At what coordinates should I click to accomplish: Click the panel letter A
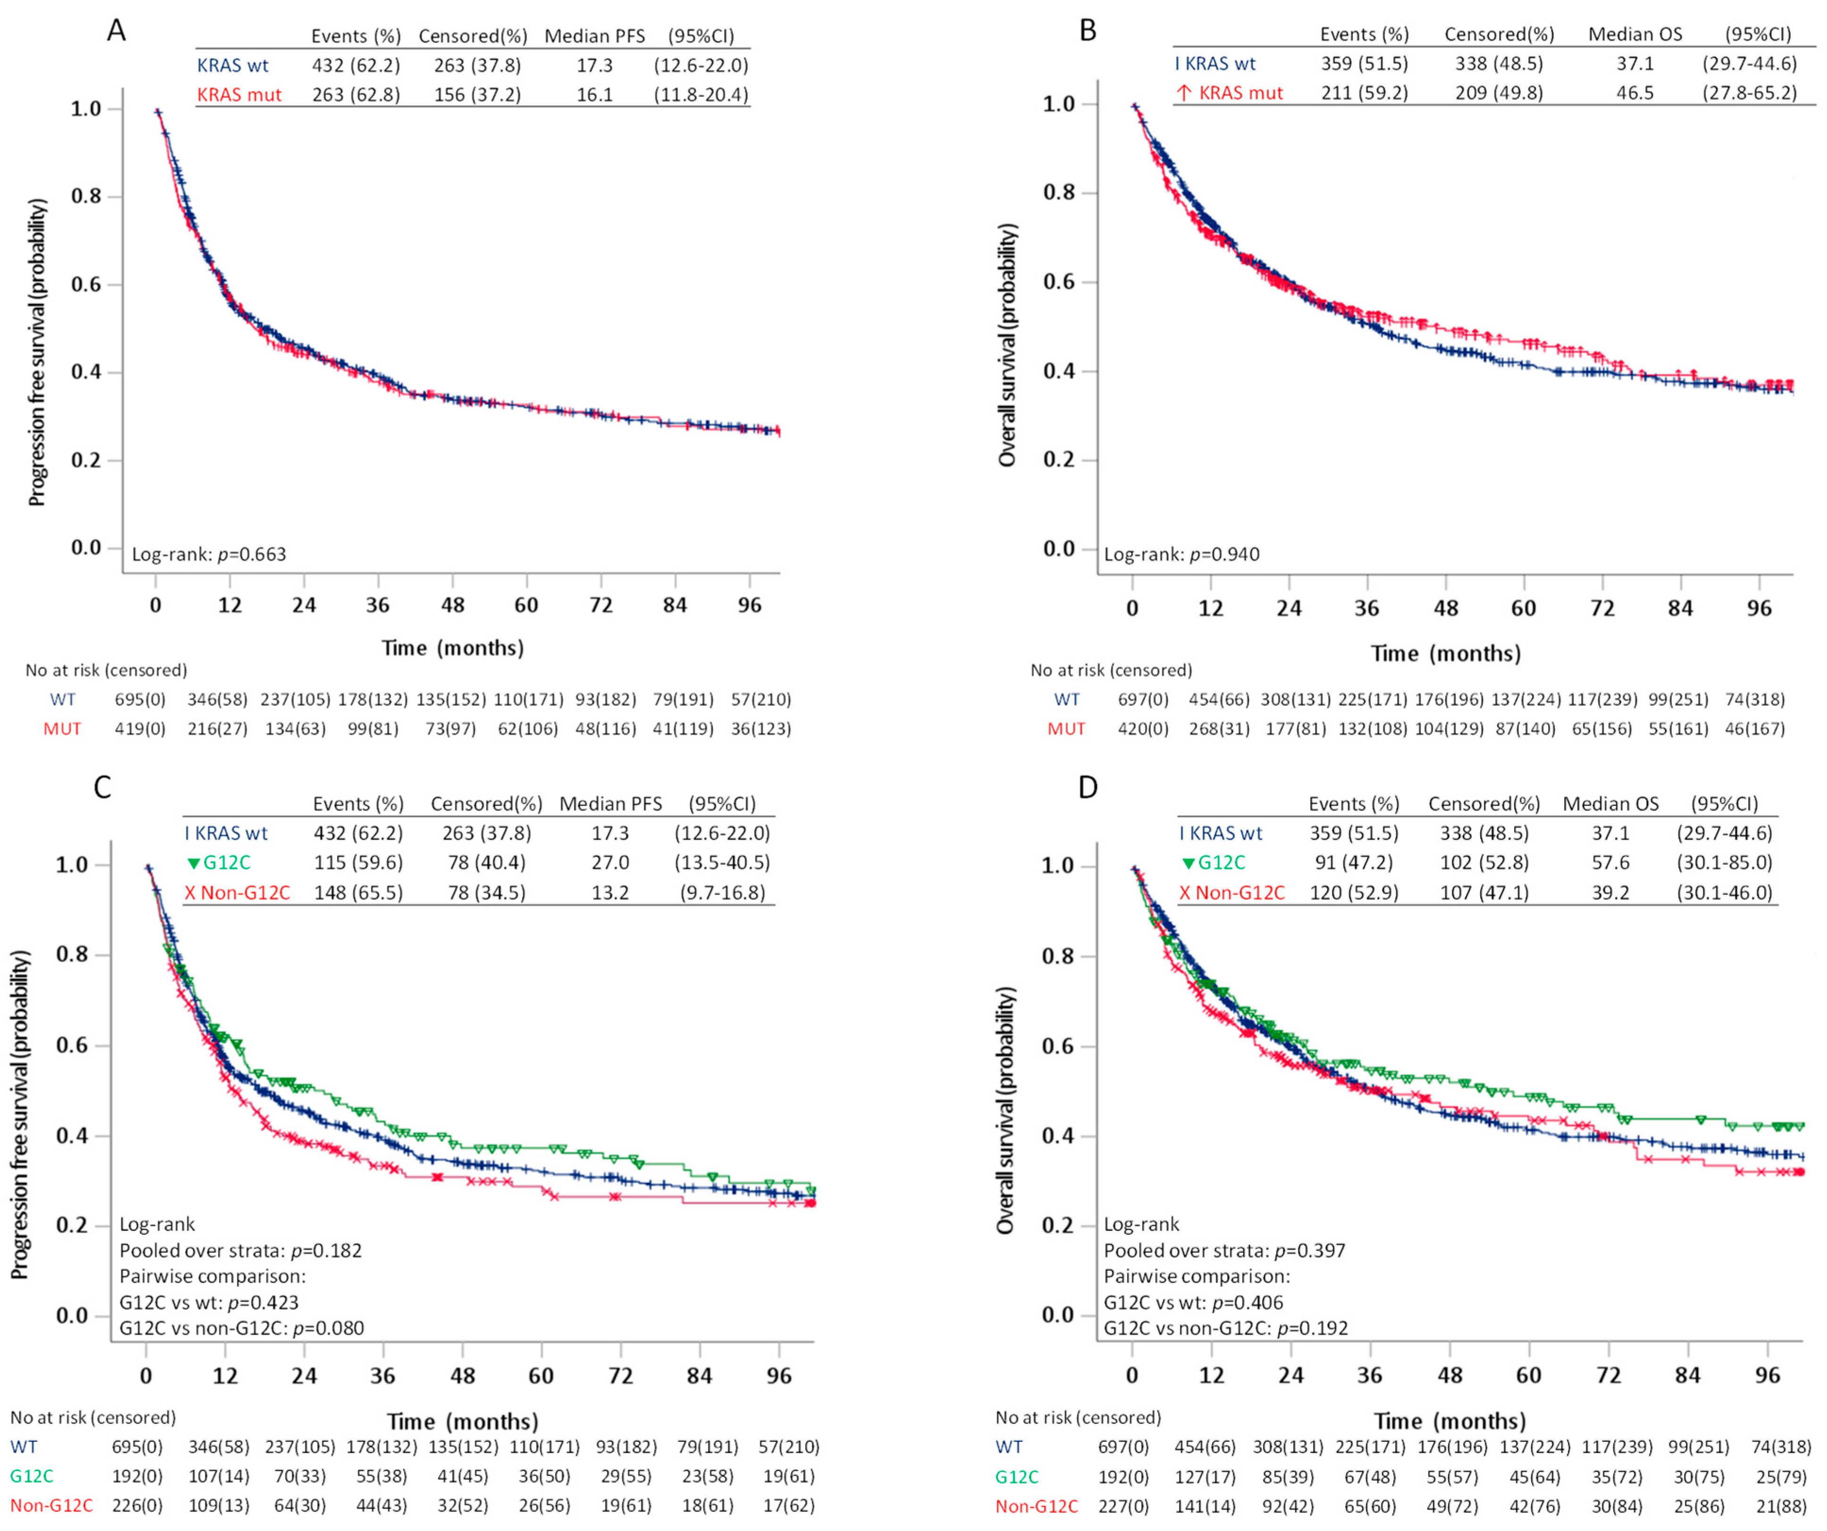(x=116, y=31)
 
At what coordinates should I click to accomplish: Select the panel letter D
(x=1088, y=787)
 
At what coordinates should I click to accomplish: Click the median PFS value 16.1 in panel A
(x=595, y=94)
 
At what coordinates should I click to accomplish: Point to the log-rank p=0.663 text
(x=209, y=554)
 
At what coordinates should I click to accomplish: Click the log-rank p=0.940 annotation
(x=1182, y=554)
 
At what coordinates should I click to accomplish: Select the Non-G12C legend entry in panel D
(x=1232, y=893)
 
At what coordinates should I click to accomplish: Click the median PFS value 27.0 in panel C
(x=610, y=863)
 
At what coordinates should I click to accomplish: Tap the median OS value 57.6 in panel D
(x=1610, y=863)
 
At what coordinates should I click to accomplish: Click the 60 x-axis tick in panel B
(x=1524, y=608)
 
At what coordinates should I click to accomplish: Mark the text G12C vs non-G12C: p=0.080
(x=242, y=1328)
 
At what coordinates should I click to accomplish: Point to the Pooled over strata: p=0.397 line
(x=1224, y=1251)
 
